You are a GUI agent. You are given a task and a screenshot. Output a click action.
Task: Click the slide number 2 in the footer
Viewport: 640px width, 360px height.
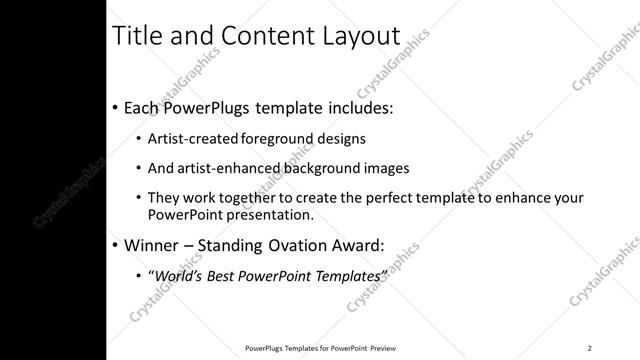589,347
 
